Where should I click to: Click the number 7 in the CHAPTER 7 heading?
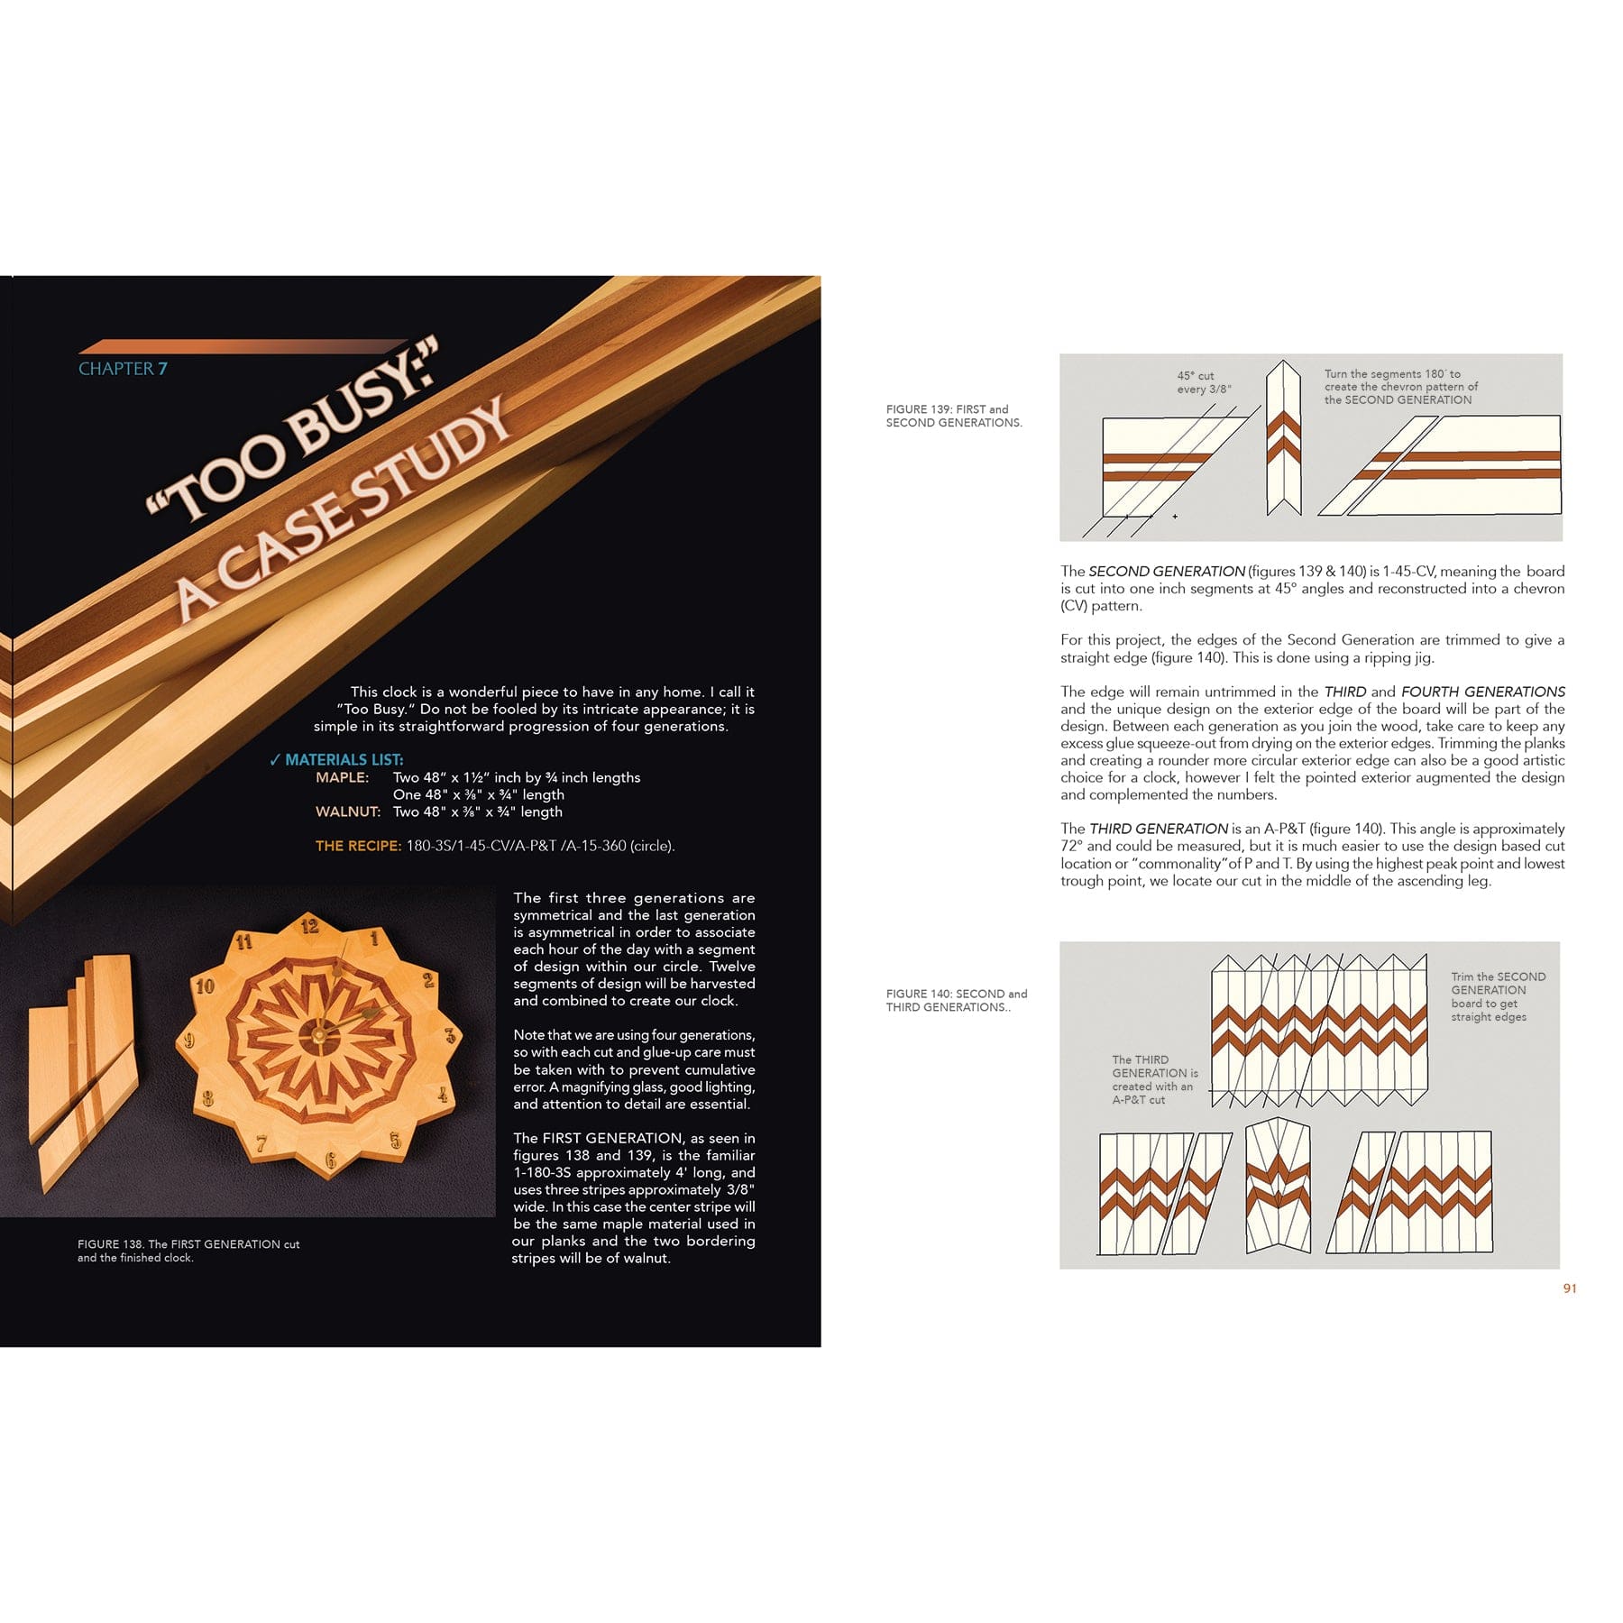click(x=162, y=369)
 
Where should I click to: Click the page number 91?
click(x=1569, y=1288)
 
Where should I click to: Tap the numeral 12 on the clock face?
click(x=309, y=926)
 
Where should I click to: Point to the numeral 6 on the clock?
click(x=331, y=1160)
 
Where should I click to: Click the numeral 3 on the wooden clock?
click(x=449, y=1036)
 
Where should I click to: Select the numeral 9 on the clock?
click(x=189, y=1041)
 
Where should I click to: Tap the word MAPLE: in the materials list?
click(x=342, y=777)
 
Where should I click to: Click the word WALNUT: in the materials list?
click(x=347, y=811)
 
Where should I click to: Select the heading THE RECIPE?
click(x=358, y=846)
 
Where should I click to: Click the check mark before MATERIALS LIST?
click(x=275, y=760)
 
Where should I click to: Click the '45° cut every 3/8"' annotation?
click(x=1203, y=382)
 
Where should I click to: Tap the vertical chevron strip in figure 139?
click(x=1283, y=439)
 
